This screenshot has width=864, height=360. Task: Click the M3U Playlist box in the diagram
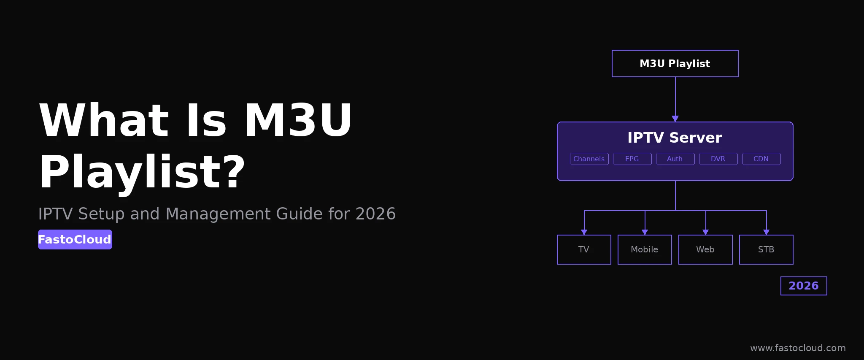675,64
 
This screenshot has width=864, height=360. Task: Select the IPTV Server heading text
675,138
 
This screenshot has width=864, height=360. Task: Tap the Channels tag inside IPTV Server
589,159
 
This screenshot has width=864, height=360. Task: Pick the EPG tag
632,159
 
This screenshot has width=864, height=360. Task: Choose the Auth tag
675,159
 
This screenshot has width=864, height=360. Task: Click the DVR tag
718,159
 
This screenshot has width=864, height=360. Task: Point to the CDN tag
761,159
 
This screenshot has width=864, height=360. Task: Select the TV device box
584,249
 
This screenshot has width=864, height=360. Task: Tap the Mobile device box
645,249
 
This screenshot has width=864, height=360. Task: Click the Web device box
705,249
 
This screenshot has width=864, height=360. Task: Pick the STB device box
766,249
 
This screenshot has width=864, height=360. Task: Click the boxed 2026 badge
804,286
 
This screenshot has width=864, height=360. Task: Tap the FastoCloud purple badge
75,239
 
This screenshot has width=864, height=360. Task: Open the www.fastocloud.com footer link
798,348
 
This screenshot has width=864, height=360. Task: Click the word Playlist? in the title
142,172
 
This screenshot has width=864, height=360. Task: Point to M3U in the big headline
298,120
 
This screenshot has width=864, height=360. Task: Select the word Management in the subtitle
219,214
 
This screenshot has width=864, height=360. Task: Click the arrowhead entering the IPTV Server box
675,119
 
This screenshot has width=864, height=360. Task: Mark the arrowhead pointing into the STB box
766,232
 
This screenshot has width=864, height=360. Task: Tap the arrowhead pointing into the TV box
584,232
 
